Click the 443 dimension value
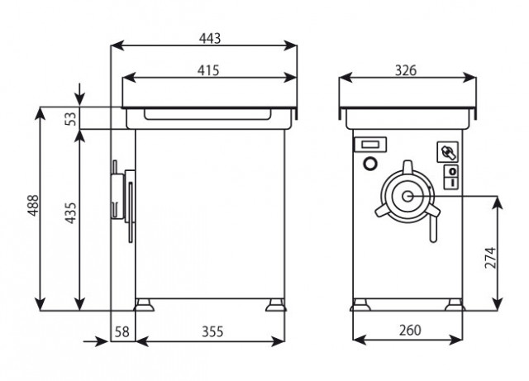pyautogui.click(x=209, y=38)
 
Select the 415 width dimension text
pyautogui.click(x=208, y=70)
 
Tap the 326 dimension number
pyautogui.click(x=406, y=70)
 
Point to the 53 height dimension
pyautogui.click(x=71, y=118)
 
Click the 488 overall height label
pyautogui.click(x=33, y=205)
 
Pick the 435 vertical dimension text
pyautogui.click(x=71, y=213)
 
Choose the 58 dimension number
pyautogui.click(x=122, y=331)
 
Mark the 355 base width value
pyautogui.click(x=212, y=331)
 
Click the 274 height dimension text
pyautogui.click(x=490, y=258)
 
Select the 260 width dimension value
pyautogui.click(x=410, y=330)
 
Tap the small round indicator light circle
pyautogui.click(x=370, y=164)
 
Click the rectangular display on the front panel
pyautogui.click(x=370, y=145)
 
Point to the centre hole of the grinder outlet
pyautogui.click(x=407, y=196)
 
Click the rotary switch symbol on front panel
pyautogui.click(x=448, y=152)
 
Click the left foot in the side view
pyautogui.click(x=144, y=305)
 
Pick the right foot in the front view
pyautogui.click(x=454, y=305)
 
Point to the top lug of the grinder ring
pyautogui.click(x=407, y=166)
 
